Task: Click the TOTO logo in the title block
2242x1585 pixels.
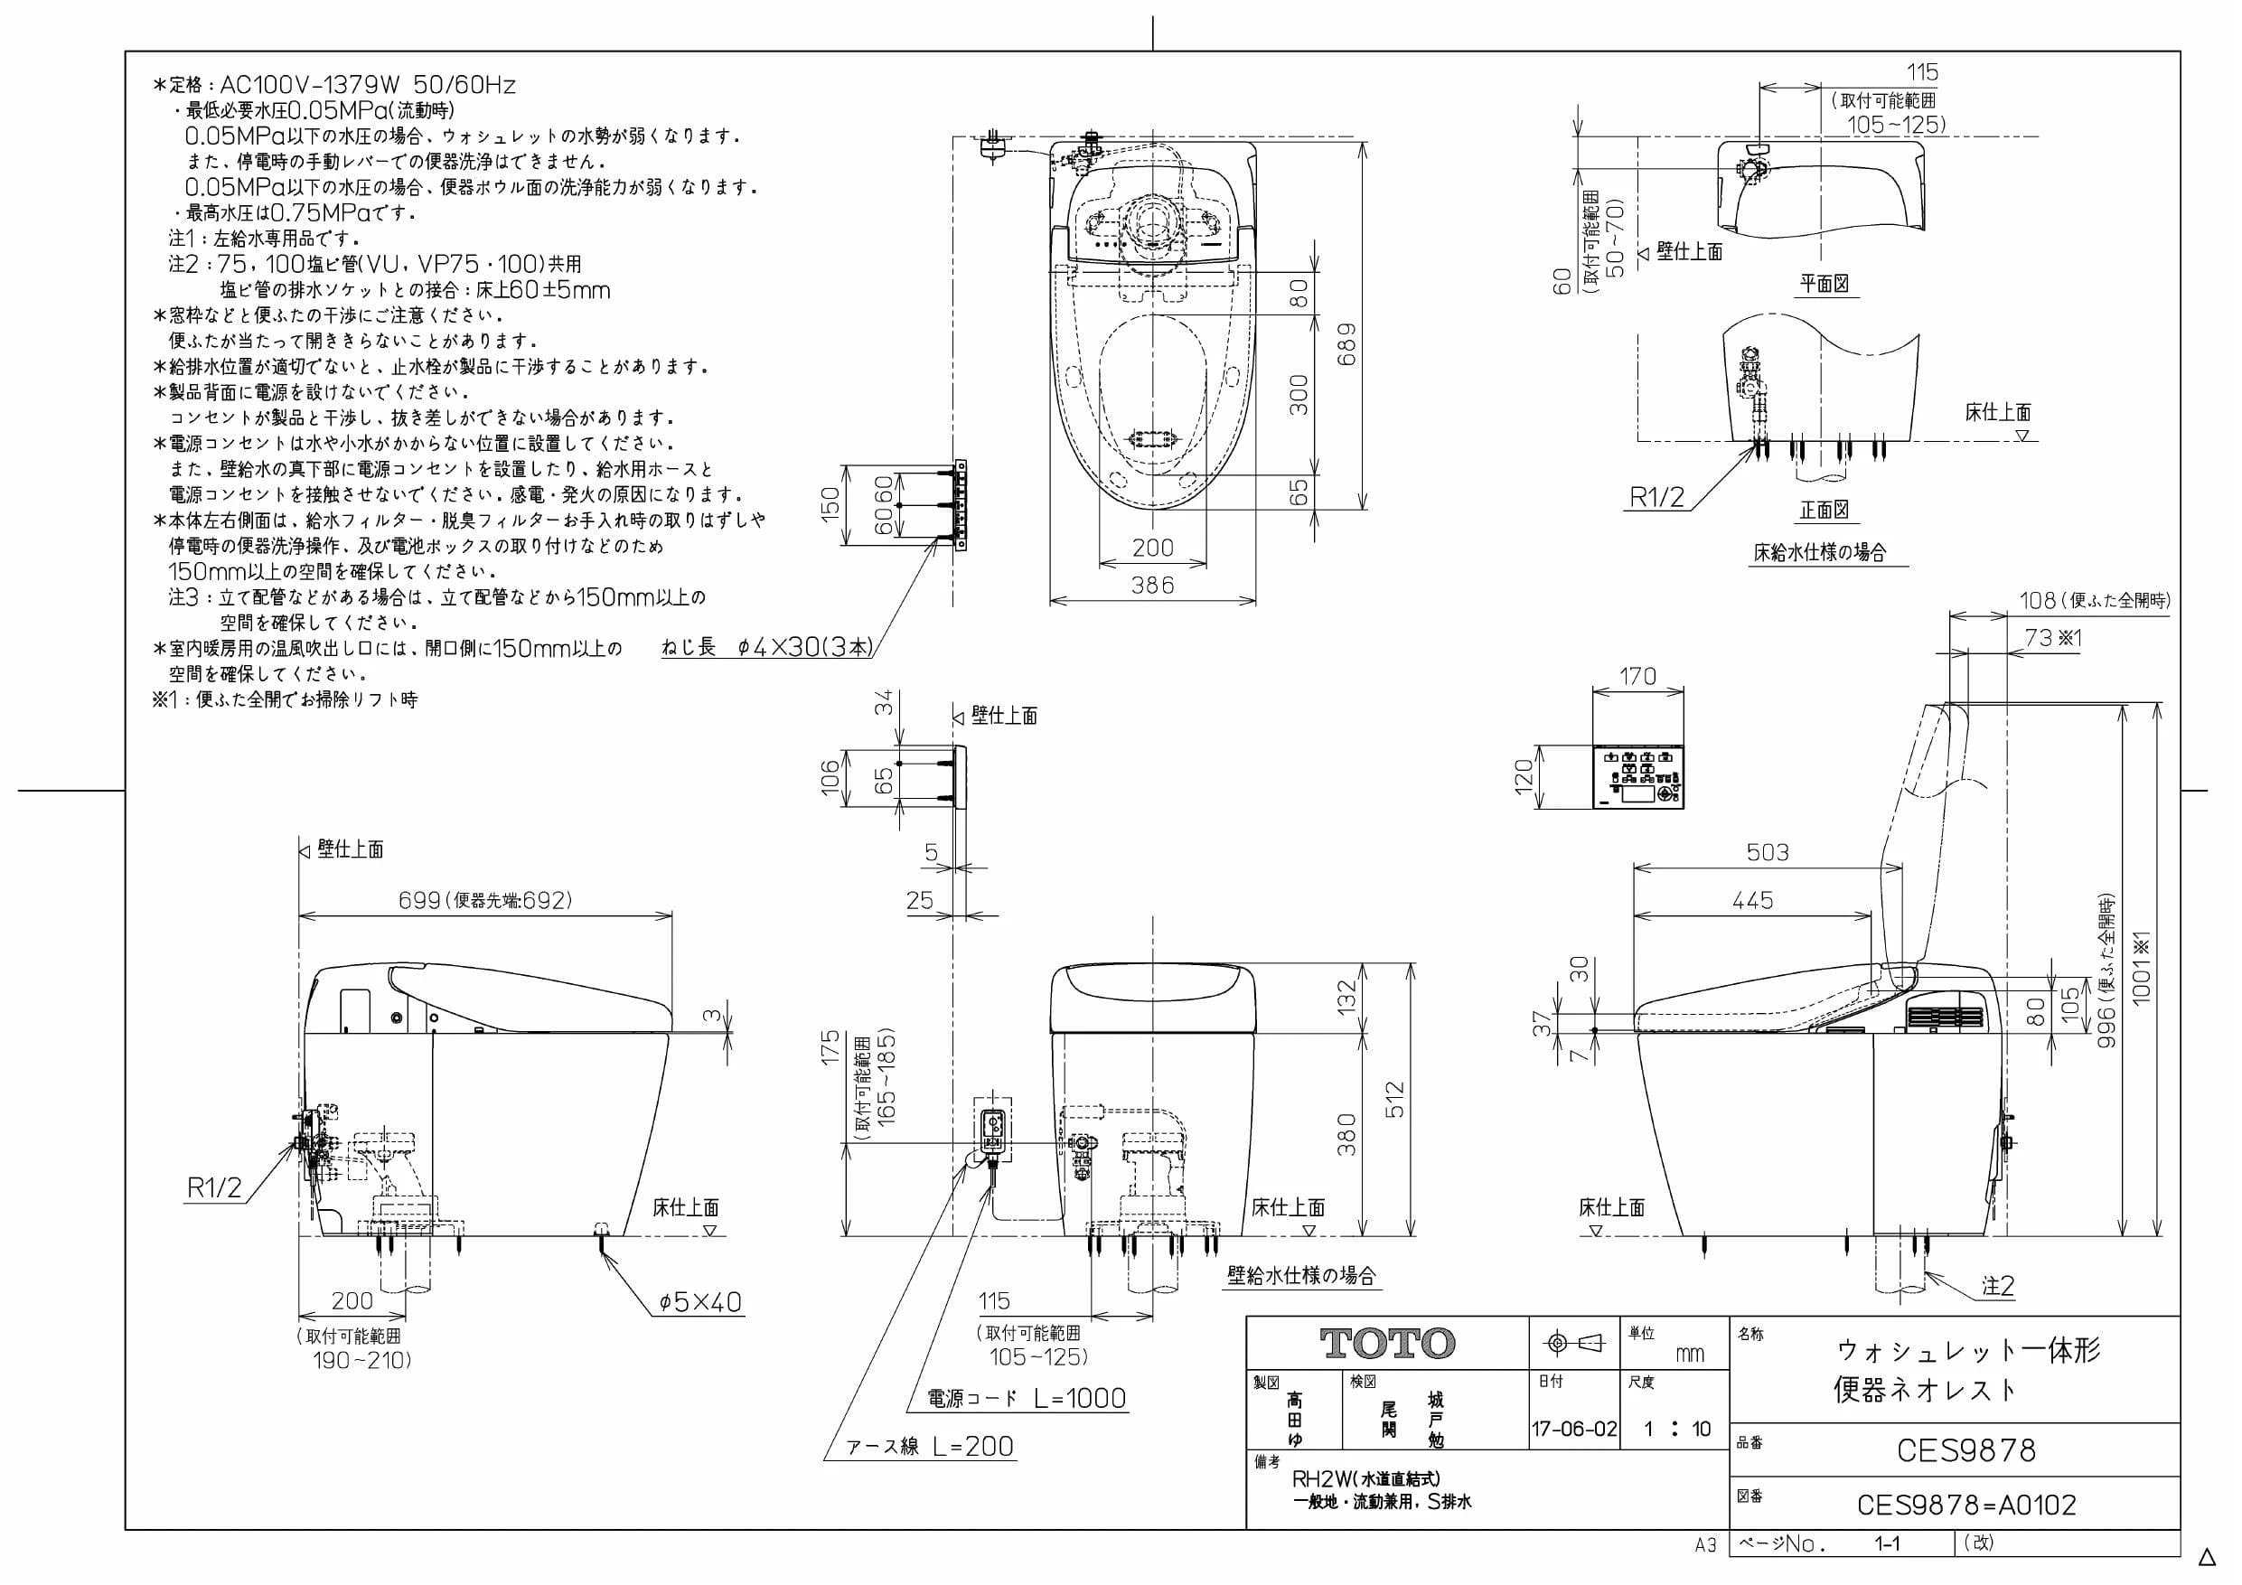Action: pyautogui.click(x=1387, y=1344)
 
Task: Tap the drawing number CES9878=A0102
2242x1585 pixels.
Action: pyautogui.click(x=1966, y=1505)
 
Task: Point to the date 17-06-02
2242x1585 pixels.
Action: pyautogui.click(x=1574, y=1429)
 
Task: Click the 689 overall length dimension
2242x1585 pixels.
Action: pyautogui.click(x=1346, y=343)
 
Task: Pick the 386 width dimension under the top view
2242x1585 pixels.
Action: pyautogui.click(x=1152, y=585)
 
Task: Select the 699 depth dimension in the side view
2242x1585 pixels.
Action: pyautogui.click(x=420, y=899)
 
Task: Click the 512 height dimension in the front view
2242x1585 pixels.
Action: pyautogui.click(x=1394, y=1099)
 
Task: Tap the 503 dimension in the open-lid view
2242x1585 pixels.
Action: pyautogui.click(x=1768, y=852)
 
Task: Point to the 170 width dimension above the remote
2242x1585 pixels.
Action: pyautogui.click(x=1637, y=676)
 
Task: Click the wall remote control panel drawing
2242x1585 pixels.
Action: pyautogui.click(x=1638, y=777)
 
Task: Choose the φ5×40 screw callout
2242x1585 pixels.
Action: pyautogui.click(x=700, y=1302)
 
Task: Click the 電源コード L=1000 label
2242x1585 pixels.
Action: pyautogui.click(x=1027, y=1399)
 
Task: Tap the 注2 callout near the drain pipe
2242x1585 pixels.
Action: pyautogui.click(x=1998, y=1286)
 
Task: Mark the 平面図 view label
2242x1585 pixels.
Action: pyautogui.click(x=1825, y=283)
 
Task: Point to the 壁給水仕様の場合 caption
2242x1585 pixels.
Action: pyautogui.click(x=1301, y=1275)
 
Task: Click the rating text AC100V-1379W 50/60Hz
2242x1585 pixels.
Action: pyautogui.click(x=368, y=85)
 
